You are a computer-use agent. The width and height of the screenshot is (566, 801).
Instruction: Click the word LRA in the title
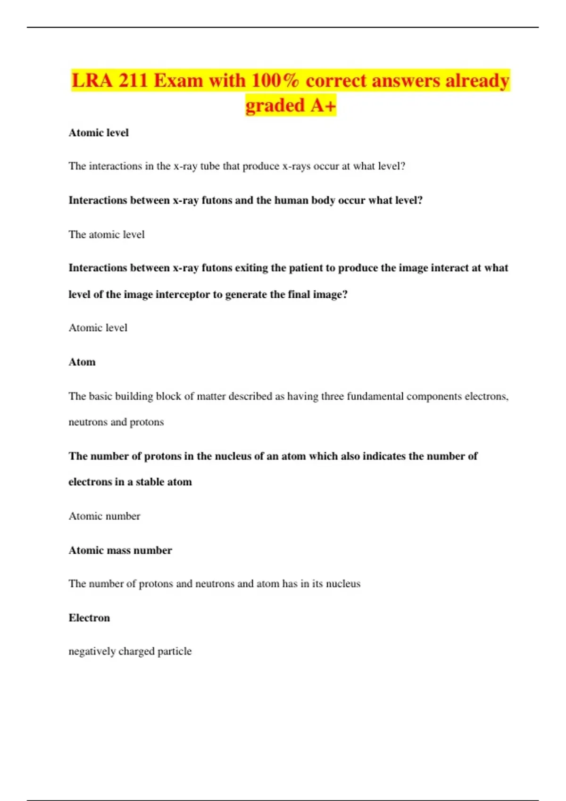pos(92,81)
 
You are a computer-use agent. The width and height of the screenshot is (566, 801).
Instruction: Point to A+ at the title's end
pos(323,106)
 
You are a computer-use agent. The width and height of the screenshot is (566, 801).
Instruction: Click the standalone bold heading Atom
pos(82,362)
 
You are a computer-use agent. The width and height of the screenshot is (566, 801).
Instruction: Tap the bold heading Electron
pos(89,618)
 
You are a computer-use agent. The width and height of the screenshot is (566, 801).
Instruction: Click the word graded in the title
pos(275,106)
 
